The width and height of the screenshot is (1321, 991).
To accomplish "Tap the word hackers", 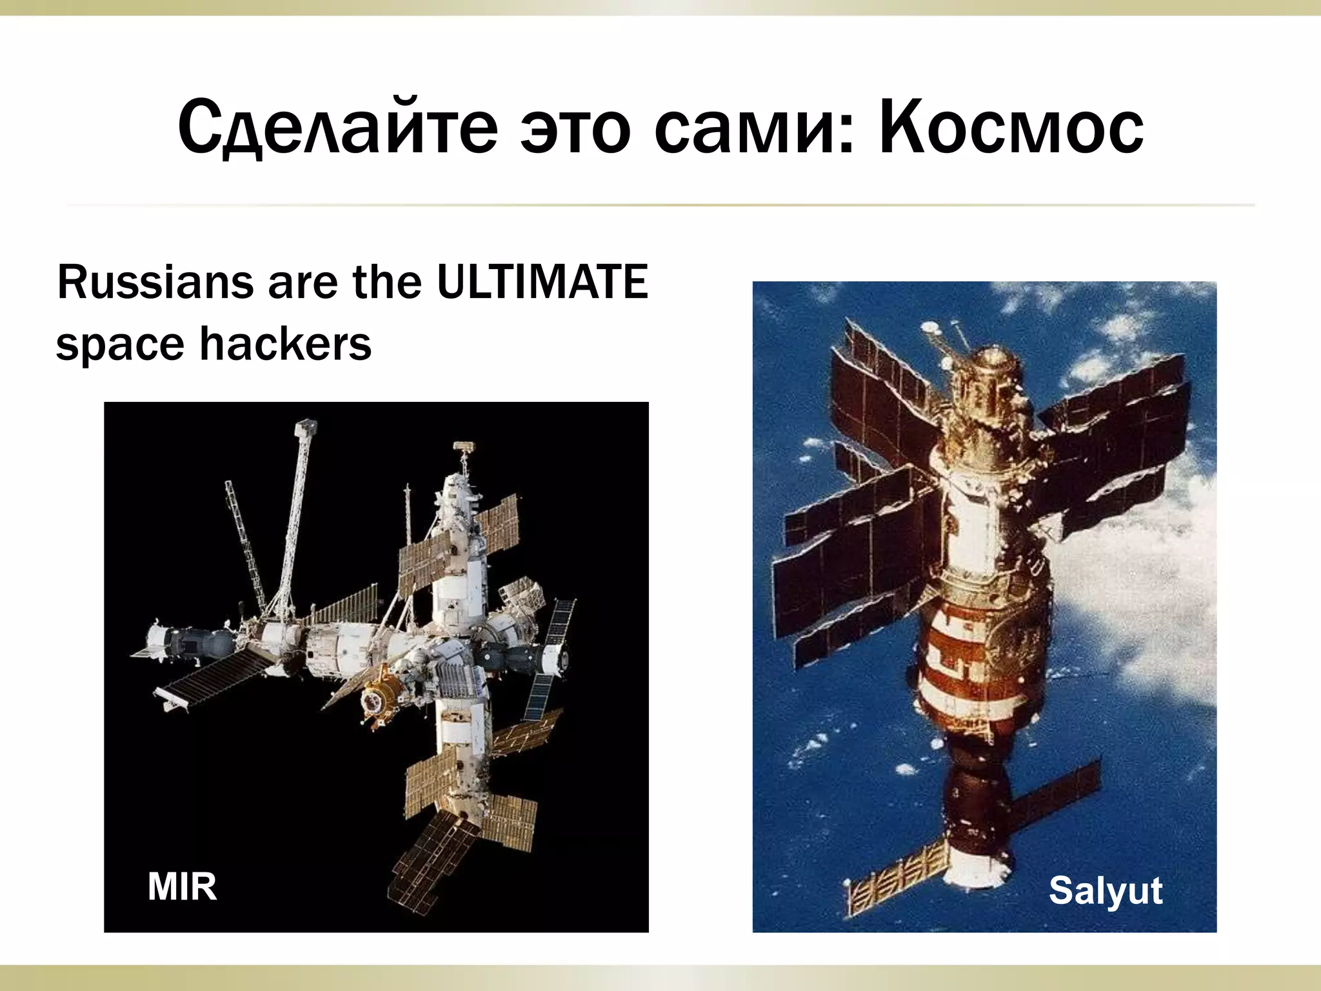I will pyautogui.click(x=285, y=343).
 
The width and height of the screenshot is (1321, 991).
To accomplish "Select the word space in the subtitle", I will pyautogui.click(x=119, y=346).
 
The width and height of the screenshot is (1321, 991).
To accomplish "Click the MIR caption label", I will pyautogui.click(x=182, y=886).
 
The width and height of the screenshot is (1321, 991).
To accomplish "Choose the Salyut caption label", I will pyautogui.click(x=1105, y=891).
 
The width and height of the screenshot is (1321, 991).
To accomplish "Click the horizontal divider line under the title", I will pyautogui.click(x=660, y=205).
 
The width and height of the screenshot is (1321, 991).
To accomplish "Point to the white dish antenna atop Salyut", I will pyautogui.click(x=930, y=328).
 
